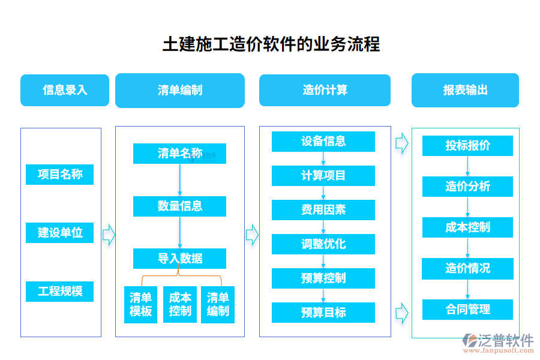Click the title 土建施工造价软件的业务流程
point(271,44)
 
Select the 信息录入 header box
point(65,90)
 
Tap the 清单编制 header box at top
point(179,90)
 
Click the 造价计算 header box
point(325,90)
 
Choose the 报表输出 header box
point(465,90)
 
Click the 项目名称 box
point(60,175)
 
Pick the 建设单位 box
point(60,233)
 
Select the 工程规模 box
point(60,292)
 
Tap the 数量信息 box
point(179,206)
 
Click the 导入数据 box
point(179,259)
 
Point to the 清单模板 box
point(140,304)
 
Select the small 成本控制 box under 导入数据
point(179,304)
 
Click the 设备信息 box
point(323,142)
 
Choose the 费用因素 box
point(323,210)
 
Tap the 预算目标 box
point(323,313)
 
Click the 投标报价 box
point(467,146)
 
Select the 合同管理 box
point(467,310)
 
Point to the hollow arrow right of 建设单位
point(109,235)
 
